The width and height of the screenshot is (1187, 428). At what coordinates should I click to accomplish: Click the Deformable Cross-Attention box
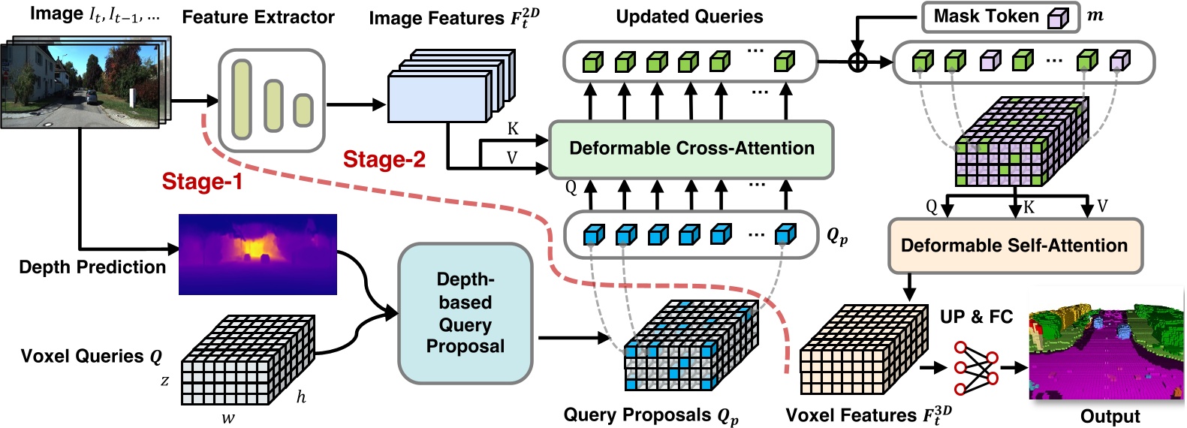coord(691,149)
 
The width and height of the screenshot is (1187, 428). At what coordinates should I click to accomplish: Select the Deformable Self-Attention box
coord(1014,246)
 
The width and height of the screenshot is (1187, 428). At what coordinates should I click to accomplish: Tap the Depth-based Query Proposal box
coord(465,313)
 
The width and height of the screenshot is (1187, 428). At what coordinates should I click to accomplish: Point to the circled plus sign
coord(857,62)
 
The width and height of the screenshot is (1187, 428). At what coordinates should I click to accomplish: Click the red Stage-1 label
coord(202,182)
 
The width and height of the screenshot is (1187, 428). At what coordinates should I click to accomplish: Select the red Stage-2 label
coord(384,159)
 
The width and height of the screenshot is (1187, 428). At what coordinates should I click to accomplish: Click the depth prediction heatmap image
coord(258,255)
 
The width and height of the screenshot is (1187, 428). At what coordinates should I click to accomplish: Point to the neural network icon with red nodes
coord(975,368)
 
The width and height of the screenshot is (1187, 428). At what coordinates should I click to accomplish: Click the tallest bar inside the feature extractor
coord(241,99)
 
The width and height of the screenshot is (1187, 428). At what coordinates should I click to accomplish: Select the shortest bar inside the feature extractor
coord(303,110)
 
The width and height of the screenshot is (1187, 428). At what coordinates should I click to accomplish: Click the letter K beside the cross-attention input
coord(513,128)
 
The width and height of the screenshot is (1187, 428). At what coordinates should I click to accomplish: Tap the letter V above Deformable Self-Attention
coord(1102,206)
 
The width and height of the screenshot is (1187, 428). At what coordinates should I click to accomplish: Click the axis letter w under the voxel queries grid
coord(227,418)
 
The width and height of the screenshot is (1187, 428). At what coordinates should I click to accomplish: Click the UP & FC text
coord(976,317)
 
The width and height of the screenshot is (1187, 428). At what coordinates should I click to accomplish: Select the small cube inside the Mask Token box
coord(1057,18)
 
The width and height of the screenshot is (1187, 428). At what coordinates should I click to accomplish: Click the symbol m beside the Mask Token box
coord(1095,16)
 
